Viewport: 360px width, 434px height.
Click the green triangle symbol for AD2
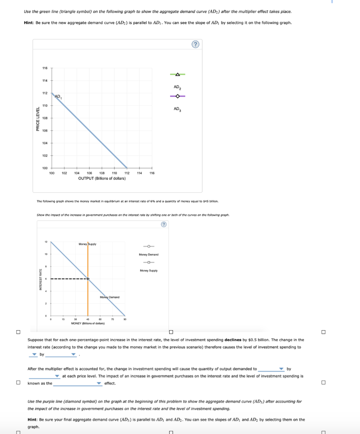178,75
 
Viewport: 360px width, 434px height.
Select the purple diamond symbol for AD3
178,96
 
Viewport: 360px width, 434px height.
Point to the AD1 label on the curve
58,96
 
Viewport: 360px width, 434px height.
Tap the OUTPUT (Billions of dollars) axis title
102,178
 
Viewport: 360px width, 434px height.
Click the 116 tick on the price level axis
45,68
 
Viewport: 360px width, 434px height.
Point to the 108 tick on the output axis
102,173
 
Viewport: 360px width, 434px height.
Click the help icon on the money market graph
163,225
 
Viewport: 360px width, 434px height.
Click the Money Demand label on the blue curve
109,297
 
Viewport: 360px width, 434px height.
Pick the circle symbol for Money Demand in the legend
148,247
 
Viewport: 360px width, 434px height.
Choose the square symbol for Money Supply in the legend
148,262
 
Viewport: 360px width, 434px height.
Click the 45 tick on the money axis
88,320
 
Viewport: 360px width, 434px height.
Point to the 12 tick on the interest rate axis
46,242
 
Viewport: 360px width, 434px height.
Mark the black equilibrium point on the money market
88,278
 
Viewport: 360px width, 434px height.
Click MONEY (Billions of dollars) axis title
88,323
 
